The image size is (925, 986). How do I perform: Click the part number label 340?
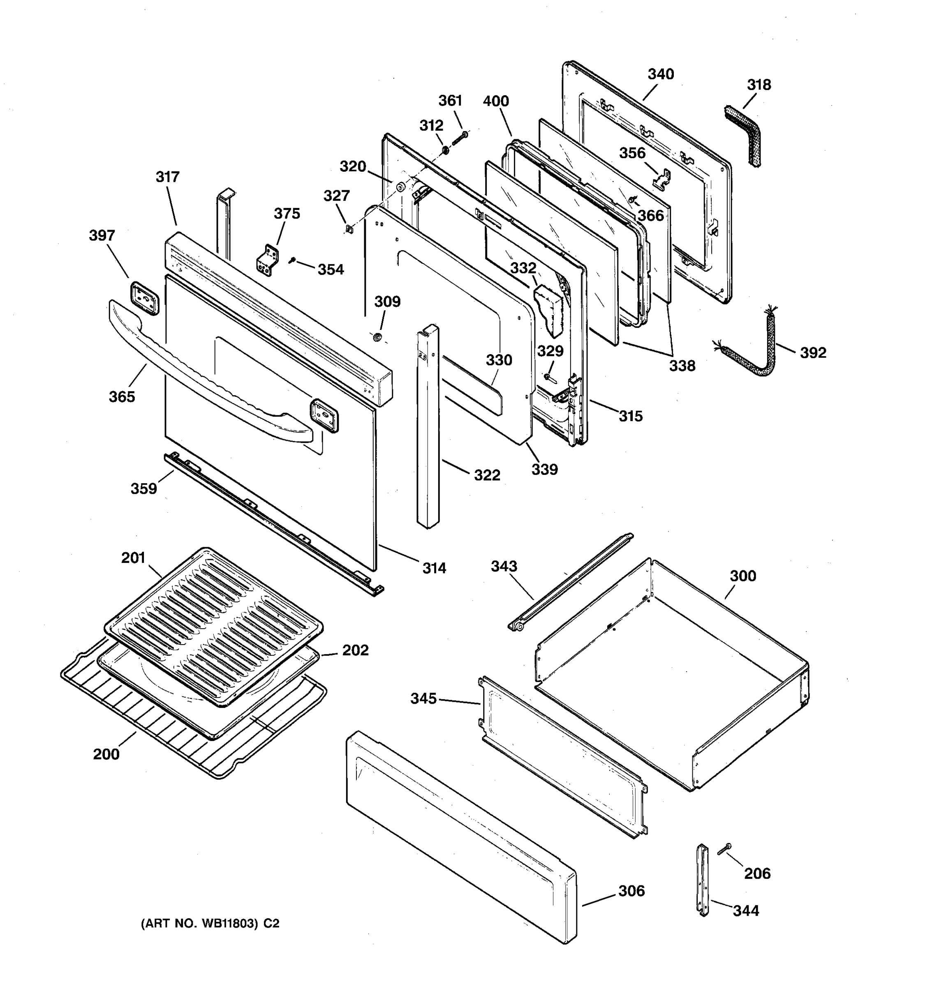(x=661, y=74)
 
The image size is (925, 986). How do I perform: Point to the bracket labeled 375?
(x=268, y=260)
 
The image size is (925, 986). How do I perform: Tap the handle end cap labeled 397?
(x=144, y=297)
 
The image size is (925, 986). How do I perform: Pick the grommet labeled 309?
(x=378, y=337)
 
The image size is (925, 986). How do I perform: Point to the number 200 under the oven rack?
(x=106, y=754)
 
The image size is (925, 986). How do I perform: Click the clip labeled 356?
(x=662, y=179)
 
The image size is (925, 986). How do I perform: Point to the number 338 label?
(x=682, y=366)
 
